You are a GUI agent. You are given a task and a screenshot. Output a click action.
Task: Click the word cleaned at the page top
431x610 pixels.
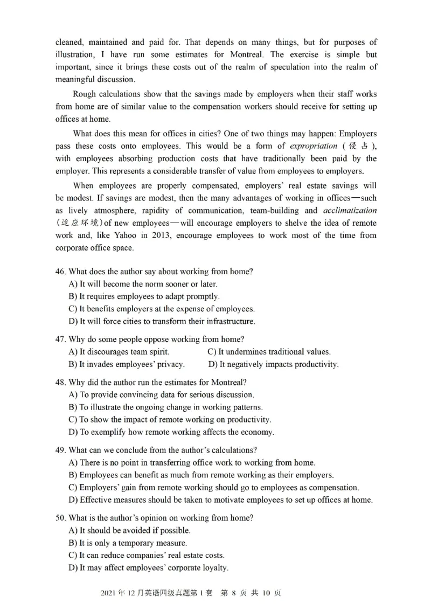pyautogui.click(x=69, y=42)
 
